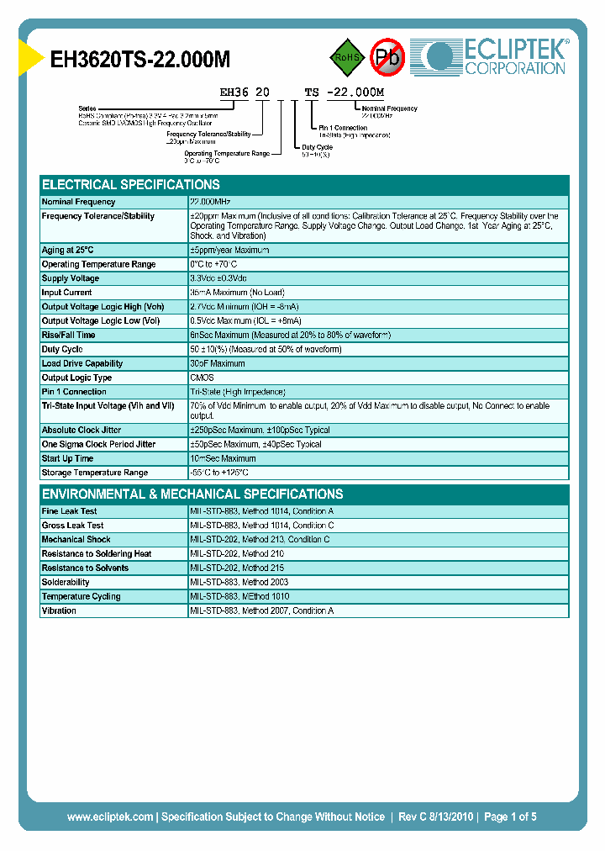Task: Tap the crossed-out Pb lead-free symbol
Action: [x=387, y=57]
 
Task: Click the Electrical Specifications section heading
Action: [x=131, y=185]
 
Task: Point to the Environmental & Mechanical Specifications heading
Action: [x=192, y=494]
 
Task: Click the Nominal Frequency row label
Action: [x=79, y=203]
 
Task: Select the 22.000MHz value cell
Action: [x=210, y=203]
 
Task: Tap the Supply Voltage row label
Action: [x=71, y=278]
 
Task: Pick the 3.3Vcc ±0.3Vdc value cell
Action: [x=218, y=278]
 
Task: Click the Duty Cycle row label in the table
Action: [x=62, y=349]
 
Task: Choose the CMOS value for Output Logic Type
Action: [x=202, y=378]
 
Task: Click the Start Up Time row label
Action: [x=67, y=458]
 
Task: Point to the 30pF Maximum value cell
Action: [x=218, y=363]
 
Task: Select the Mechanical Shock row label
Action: [x=76, y=540]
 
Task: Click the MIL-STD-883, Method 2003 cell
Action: [x=239, y=582]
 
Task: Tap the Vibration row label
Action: [x=59, y=610]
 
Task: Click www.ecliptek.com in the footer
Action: [x=110, y=817]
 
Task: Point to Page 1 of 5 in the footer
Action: [x=510, y=817]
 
